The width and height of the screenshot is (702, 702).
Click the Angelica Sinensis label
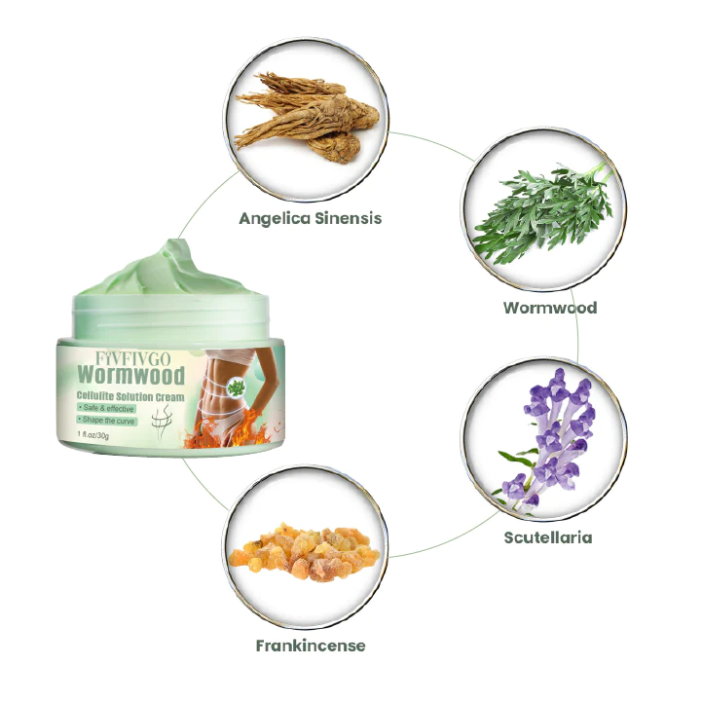point(311,218)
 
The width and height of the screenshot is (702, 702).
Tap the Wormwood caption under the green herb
point(550,308)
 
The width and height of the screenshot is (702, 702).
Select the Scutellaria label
point(548,537)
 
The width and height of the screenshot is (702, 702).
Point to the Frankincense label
point(311,646)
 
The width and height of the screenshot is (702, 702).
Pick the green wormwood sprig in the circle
point(543,211)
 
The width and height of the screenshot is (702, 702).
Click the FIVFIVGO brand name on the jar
point(133,358)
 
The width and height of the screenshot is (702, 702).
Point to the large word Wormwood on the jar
point(130,375)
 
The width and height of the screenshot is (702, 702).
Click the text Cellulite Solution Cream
point(130,396)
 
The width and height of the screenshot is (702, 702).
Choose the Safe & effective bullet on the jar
point(106,408)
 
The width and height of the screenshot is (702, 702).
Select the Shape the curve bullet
point(106,421)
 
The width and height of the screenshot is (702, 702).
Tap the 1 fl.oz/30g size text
point(93,435)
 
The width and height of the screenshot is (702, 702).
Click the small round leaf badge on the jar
point(236,387)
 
